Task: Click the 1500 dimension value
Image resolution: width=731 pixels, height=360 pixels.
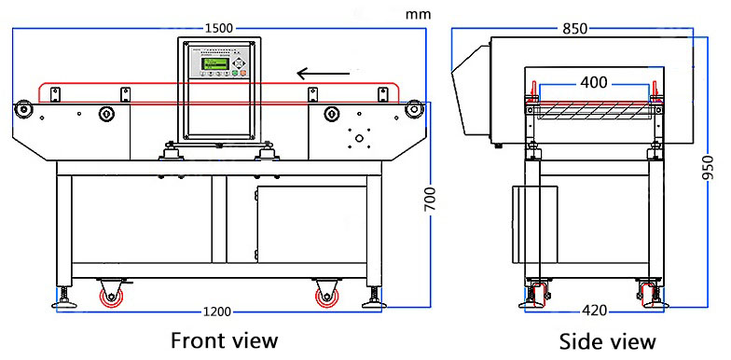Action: [x=218, y=28]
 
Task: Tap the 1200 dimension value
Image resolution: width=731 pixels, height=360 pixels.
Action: [x=217, y=312]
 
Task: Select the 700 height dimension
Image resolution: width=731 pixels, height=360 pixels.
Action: [x=430, y=200]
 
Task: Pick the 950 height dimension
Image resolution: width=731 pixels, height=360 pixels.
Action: [x=708, y=168]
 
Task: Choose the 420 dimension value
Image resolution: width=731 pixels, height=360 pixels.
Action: [x=595, y=311]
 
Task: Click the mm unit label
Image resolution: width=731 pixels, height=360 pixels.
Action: [x=418, y=15]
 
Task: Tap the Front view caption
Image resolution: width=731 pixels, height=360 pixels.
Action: [x=224, y=340]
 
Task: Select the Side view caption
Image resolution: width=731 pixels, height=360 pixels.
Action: [x=608, y=341]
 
